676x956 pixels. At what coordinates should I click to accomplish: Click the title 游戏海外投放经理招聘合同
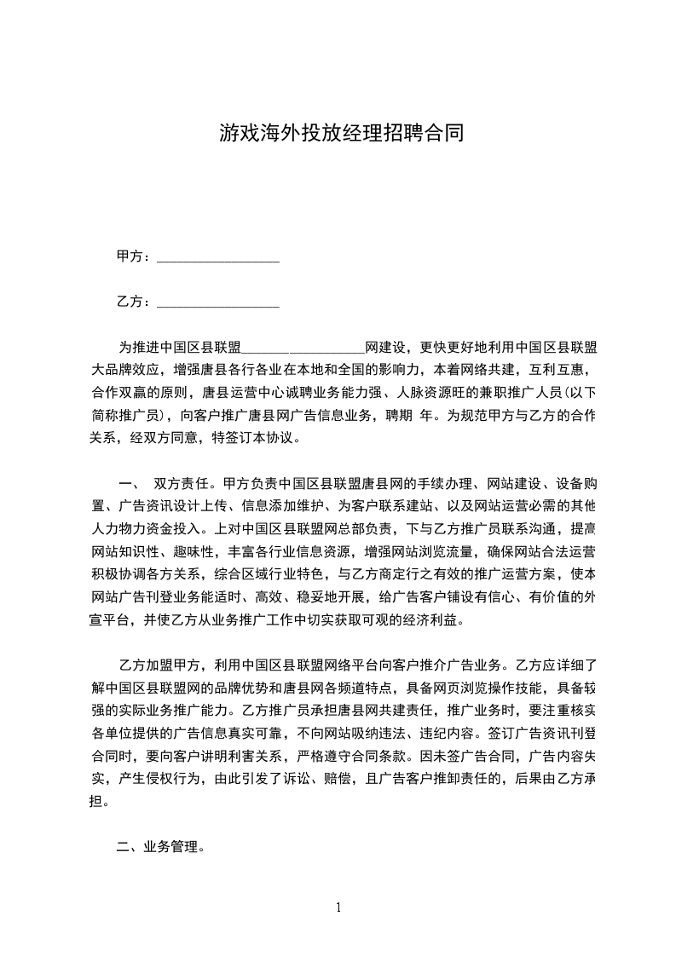pos(341,133)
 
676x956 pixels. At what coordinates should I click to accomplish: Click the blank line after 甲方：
pos(219,258)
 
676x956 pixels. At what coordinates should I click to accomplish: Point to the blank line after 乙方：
pos(219,303)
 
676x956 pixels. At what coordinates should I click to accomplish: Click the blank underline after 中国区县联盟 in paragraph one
pos(304,348)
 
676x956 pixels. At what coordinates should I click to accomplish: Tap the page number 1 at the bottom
pos(338,907)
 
